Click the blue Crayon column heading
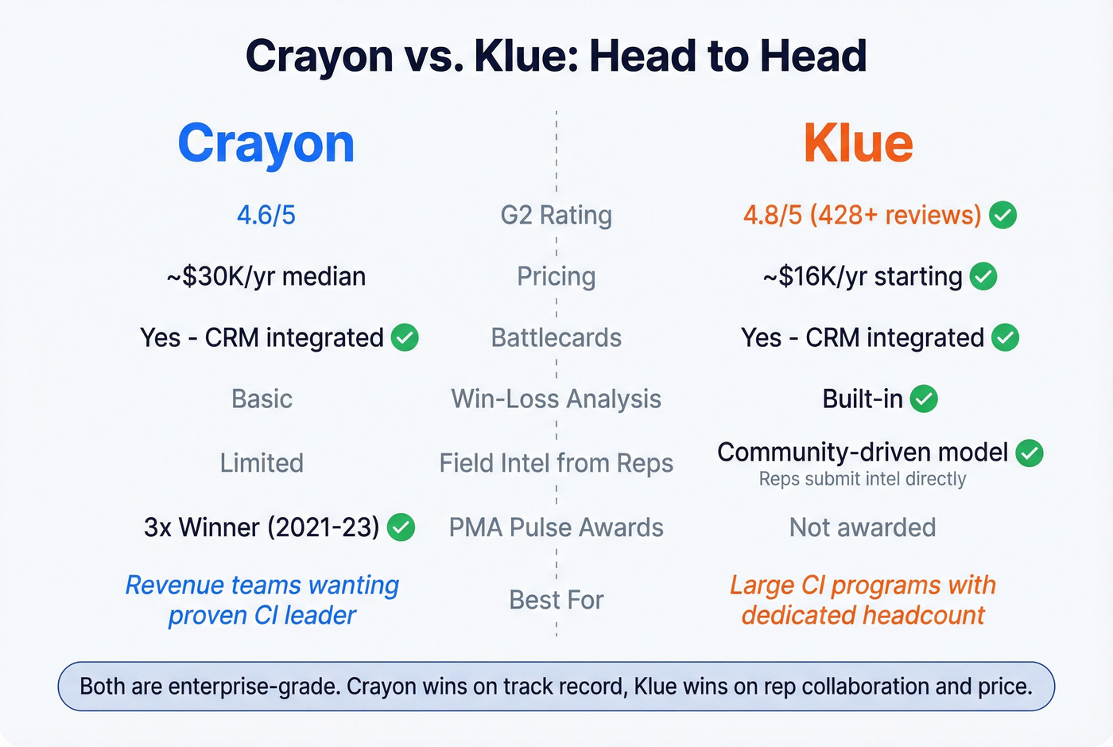(266, 145)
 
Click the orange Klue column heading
(858, 144)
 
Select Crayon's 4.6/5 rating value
(266, 215)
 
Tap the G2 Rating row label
(556, 215)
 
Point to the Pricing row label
(556, 276)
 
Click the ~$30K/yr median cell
(266, 276)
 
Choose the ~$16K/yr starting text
(863, 276)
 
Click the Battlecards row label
(556, 337)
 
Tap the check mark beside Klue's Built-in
(924, 399)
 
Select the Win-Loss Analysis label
(556, 399)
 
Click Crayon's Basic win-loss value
(262, 399)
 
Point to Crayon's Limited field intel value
(262, 463)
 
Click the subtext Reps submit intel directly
(863, 479)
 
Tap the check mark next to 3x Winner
(401, 527)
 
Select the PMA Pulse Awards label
(556, 527)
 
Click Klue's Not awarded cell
(863, 527)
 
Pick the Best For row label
(556, 600)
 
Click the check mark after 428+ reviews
(1003, 215)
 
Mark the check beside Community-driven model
(1030, 453)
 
